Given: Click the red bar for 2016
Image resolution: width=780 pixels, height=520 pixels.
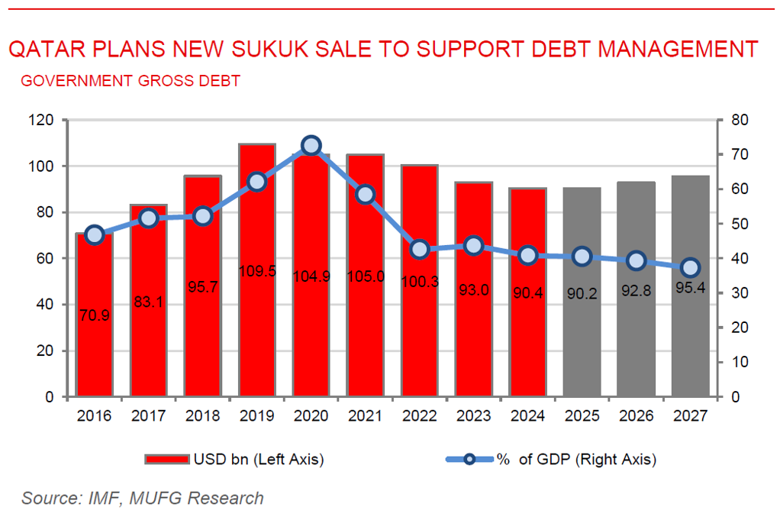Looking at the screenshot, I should point(94,336).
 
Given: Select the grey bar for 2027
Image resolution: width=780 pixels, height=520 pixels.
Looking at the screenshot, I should point(690,344).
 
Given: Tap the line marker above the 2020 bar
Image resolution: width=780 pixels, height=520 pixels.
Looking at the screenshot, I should point(311,146).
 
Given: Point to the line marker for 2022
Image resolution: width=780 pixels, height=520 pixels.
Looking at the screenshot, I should point(419,249).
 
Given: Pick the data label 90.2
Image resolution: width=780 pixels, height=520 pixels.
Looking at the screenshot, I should point(582,293).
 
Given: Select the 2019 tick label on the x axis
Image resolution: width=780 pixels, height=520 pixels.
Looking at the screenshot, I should point(256,416).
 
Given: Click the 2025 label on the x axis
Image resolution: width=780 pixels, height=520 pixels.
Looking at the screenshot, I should point(582,416).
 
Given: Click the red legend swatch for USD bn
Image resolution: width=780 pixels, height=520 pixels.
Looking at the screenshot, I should point(166,459).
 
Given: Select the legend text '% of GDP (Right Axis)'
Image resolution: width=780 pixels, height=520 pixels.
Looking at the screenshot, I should point(577,459).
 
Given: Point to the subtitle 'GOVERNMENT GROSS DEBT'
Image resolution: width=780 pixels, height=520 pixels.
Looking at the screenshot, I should point(131,81).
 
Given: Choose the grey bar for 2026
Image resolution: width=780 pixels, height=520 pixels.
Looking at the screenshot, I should point(636,344).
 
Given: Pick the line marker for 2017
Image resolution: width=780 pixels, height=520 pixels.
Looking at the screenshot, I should point(148,218).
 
